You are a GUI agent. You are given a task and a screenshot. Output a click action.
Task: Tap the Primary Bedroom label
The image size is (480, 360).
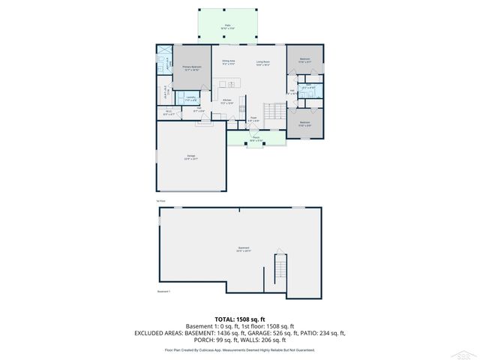(191, 68)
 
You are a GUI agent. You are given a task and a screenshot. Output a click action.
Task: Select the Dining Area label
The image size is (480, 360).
(228, 62)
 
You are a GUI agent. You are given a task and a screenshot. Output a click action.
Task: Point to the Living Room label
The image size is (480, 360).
(263, 62)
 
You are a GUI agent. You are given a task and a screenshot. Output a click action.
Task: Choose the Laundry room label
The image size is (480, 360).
(190, 97)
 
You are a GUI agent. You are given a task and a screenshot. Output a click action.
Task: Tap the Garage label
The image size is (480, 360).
(190, 157)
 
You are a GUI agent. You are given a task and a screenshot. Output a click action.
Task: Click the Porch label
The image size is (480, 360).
(256, 138)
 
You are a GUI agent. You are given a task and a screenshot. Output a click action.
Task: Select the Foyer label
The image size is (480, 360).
(254, 118)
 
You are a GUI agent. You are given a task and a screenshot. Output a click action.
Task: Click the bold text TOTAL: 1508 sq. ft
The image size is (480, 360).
(240, 319)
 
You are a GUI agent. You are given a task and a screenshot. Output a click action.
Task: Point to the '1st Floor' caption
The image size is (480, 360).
(160, 201)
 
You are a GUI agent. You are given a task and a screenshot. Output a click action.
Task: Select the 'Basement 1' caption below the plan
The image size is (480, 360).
(164, 292)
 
